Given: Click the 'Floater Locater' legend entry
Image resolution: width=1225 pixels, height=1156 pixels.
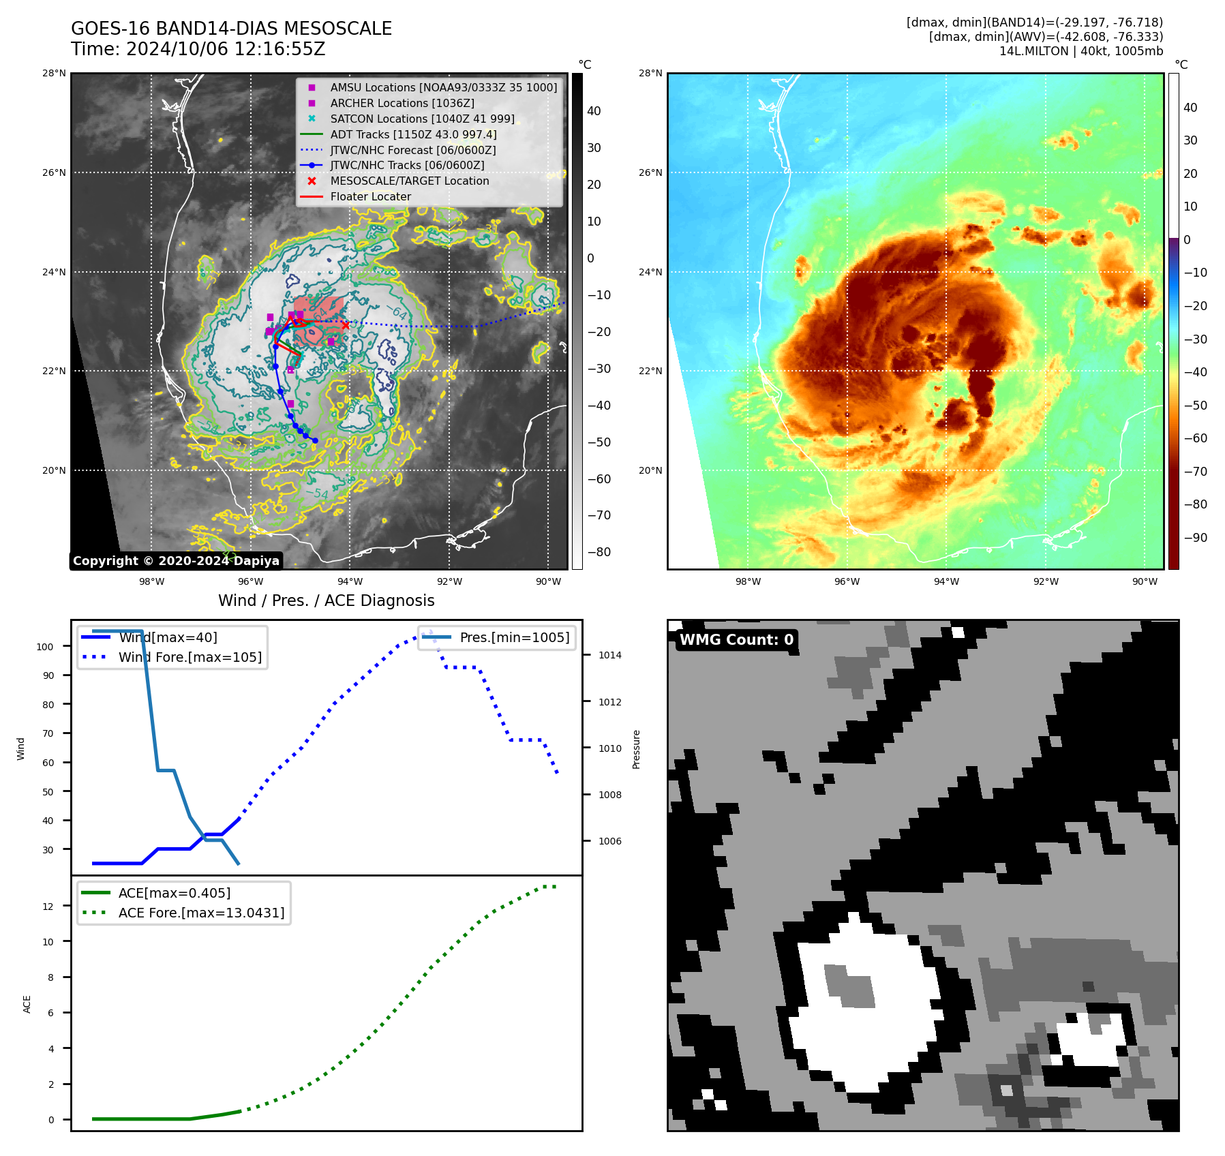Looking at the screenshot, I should pos(370,197).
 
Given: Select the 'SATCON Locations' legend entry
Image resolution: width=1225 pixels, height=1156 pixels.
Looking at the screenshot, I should pos(422,119).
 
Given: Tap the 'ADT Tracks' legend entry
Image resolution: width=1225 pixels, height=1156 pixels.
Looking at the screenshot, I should pos(413,134).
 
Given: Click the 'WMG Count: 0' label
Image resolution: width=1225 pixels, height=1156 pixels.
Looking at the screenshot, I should pos(736,640).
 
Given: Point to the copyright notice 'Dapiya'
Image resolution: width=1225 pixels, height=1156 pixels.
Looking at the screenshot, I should pos(176,561).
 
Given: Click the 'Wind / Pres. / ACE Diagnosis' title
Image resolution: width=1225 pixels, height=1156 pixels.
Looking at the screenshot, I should pos(326,600).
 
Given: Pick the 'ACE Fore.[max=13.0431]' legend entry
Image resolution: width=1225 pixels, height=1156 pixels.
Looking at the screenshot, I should pos(201,913).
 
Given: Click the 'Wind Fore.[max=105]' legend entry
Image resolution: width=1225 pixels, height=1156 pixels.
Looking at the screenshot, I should pos(190,658).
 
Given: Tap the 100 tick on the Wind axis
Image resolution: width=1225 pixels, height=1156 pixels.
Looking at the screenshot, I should pos(45,647).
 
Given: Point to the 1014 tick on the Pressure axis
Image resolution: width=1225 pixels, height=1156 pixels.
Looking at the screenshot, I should pos(609,656).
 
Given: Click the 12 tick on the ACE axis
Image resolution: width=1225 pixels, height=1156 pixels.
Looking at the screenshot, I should pos(48,907).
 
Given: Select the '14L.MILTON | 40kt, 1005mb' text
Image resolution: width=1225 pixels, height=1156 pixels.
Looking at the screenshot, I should pos(1080,51).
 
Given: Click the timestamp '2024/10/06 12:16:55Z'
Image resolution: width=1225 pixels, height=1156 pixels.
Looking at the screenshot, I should pos(226,50).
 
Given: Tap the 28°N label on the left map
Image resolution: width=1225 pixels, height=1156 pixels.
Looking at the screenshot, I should pos(54,74).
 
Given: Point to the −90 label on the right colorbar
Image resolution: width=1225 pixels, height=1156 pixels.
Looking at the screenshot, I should pos(1195,538).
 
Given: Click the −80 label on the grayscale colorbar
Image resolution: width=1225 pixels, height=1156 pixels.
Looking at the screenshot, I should pos(599,552).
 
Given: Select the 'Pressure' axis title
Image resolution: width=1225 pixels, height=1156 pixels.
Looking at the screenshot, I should pos(637,749).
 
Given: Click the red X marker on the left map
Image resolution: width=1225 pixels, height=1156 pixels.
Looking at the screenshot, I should pos(346,325).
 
